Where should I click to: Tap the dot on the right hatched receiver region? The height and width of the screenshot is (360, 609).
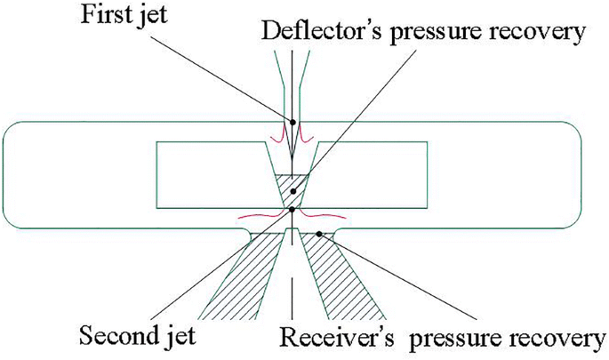coord(319,234)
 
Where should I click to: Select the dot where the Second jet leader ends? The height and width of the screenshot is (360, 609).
coord(292,210)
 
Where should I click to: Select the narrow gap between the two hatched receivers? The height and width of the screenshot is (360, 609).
coord(292,267)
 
